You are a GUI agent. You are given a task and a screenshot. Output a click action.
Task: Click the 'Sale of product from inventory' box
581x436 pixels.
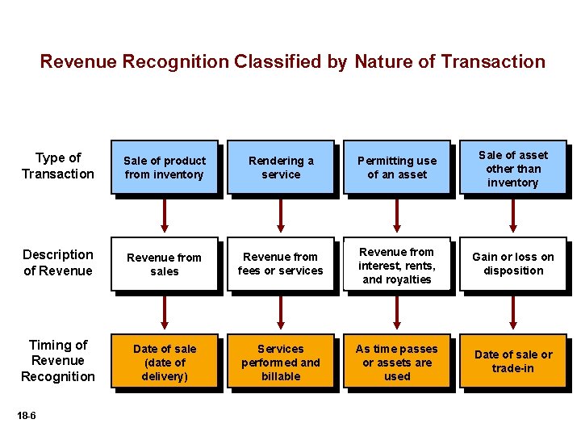[165, 167]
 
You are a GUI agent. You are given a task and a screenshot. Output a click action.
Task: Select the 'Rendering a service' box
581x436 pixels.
[281, 167]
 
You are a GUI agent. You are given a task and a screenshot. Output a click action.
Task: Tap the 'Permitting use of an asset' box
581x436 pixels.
[397, 167]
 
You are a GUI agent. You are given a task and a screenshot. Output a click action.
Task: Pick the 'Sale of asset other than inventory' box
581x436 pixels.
[513, 168]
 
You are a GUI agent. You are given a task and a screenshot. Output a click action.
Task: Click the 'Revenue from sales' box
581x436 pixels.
[165, 264]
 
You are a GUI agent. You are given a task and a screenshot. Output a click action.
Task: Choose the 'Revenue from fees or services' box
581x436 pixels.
[281, 264]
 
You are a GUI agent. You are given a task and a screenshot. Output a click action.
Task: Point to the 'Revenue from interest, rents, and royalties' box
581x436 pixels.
[397, 265]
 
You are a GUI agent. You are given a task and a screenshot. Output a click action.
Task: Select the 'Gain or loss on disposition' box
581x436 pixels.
[513, 264]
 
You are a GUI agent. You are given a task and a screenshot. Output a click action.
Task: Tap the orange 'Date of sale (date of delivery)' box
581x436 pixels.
[165, 363]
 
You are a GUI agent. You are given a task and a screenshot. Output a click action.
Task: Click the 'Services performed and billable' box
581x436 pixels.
[281, 363]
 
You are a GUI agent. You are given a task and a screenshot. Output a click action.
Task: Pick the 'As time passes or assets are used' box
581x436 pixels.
[397, 363]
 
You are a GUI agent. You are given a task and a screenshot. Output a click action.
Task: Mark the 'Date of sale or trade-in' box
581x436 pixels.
[513, 362]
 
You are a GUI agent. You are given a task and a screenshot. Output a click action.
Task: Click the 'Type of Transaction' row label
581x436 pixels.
[58, 166]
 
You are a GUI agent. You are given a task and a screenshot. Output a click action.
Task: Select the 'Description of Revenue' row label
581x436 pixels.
[58, 262]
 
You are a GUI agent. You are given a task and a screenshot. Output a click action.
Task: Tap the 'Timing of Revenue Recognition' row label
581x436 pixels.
[58, 361]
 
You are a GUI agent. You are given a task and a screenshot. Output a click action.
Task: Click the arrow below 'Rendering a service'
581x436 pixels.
[281, 216]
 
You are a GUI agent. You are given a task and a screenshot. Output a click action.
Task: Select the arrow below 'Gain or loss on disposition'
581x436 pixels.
[513, 312]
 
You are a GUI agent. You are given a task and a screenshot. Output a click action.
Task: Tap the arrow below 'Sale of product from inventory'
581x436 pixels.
[165, 216]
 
